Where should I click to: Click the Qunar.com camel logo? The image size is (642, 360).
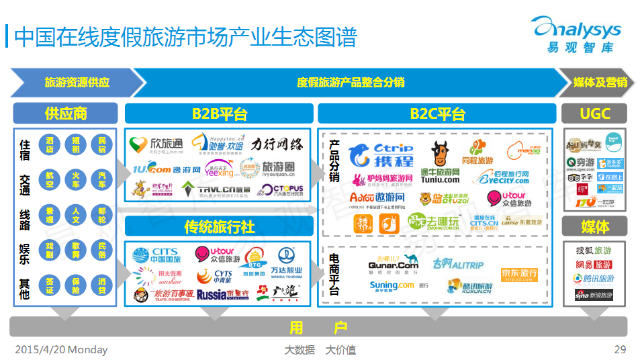(394, 263)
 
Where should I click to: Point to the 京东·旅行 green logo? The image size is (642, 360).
(518, 274)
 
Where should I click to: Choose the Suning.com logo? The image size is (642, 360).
(398, 285)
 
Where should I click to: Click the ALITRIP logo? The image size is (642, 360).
(458, 263)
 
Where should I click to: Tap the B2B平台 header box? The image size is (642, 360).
(218, 114)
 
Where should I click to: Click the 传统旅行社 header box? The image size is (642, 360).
(218, 226)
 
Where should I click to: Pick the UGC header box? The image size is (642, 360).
(594, 114)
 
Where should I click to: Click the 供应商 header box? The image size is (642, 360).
(65, 114)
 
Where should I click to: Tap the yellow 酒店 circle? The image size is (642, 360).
(50, 144)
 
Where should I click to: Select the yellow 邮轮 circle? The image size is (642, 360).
(101, 215)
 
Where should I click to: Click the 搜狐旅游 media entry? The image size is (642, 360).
(594, 251)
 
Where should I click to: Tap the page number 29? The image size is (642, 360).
(620, 350)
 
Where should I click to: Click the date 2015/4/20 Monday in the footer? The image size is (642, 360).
(61, 350)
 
